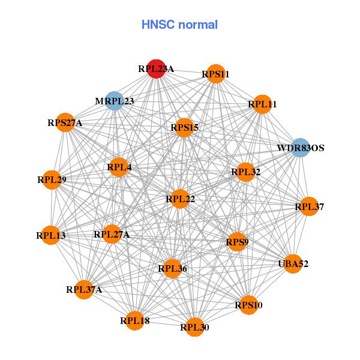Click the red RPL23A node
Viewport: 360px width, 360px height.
point(156,69)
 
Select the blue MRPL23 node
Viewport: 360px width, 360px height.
point(115,101)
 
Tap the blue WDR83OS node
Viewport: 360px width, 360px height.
point(300,148)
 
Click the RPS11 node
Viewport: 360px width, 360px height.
point(215,74)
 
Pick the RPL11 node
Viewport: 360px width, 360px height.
point(262,104)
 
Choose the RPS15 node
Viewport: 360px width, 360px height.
point(184,127)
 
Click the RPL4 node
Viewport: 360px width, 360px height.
point(119,167)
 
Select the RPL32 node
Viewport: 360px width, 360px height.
point(246,172)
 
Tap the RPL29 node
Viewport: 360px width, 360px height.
point(52,179)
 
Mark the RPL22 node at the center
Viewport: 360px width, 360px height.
point(181,199)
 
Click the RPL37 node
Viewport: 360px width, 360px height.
point(309,207)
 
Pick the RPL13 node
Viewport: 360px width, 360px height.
point(51,235)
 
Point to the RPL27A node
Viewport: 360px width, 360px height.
point(112,234)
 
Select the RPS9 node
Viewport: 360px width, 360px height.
point(237,242)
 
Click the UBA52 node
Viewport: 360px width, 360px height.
point(293,263)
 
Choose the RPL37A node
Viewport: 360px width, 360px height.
point(84,290)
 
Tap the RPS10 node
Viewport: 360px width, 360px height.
point(248,305)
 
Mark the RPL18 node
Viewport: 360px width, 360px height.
point(135,320)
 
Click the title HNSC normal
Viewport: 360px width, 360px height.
point(179,25)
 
